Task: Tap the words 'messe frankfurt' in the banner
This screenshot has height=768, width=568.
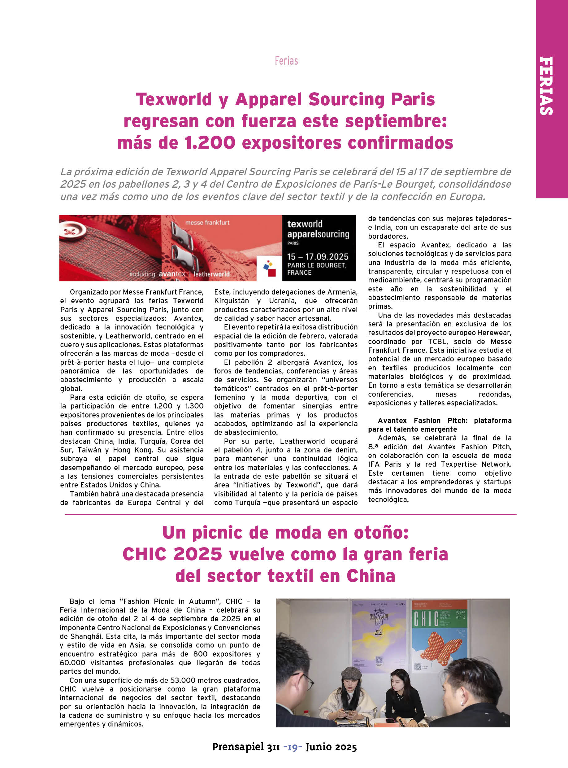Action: [x=207, y=223]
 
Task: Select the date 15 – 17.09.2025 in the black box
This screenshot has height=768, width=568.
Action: [x=317, y=257]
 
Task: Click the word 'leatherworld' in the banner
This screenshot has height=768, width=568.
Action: [x=211, y=274]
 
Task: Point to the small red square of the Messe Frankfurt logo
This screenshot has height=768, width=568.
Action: [x=272, y=273]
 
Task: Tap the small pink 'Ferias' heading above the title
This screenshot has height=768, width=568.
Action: [x=286, y=61]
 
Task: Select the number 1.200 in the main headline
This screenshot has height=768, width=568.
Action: [x=210, y=143]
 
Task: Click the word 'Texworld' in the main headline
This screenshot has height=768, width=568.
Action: [x=174, y=99]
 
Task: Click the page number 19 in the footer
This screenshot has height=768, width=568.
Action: [x=293, y=747]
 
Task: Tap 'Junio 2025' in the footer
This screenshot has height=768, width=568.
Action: [x=331, y=747]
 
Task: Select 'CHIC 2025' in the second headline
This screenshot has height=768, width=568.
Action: [x=172, y=554]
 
